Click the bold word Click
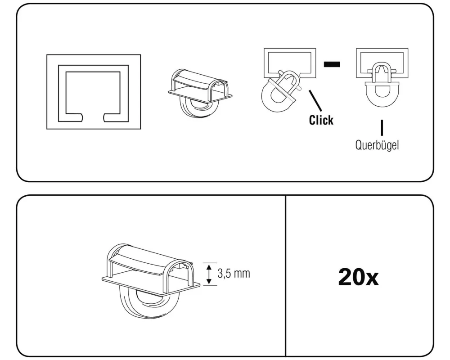[321, 120]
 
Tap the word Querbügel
[377, 146]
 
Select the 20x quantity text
[358, 278]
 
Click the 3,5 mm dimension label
[234, 274]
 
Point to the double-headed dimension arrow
[209, 274]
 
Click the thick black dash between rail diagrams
[332, 64]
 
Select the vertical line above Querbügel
[382, 128]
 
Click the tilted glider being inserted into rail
[279, 92]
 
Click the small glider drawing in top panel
[199, 95]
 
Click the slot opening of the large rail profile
[94, 118]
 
